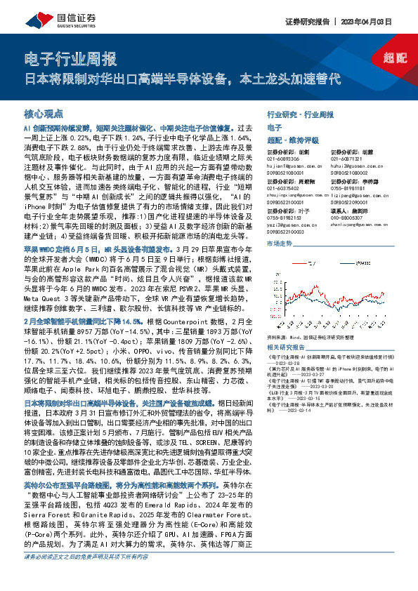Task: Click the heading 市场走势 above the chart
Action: tap(280, 243)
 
